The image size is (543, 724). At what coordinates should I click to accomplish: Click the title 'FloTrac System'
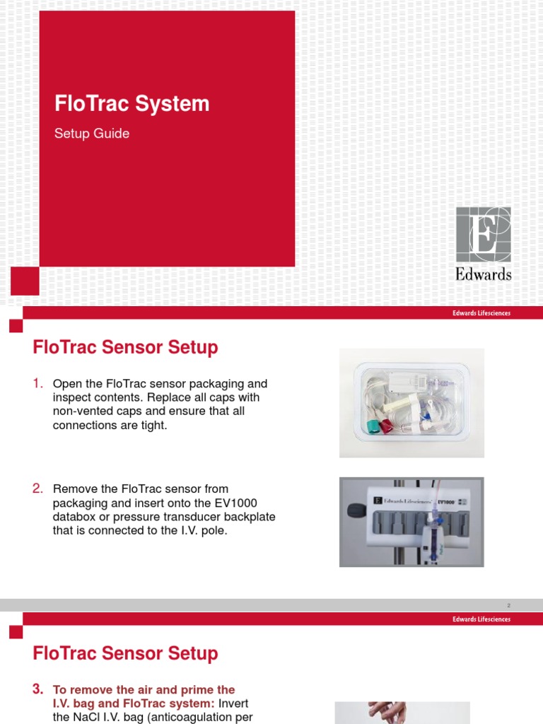[132, 104]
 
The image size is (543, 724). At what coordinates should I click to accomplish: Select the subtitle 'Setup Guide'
[92, 134]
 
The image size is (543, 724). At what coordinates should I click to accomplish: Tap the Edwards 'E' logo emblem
[483, 234]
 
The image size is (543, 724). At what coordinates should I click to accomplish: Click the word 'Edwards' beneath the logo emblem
[484, 274]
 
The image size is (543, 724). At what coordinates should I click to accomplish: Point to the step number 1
[38, 383]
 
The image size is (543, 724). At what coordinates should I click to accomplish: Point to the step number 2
[38, 489]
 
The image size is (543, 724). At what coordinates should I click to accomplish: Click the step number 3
[38, 689]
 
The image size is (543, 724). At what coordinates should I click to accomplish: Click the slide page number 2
[508, 605]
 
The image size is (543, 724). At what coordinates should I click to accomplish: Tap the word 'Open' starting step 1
[67, 384]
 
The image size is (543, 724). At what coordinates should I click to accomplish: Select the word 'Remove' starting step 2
[74, 489]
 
